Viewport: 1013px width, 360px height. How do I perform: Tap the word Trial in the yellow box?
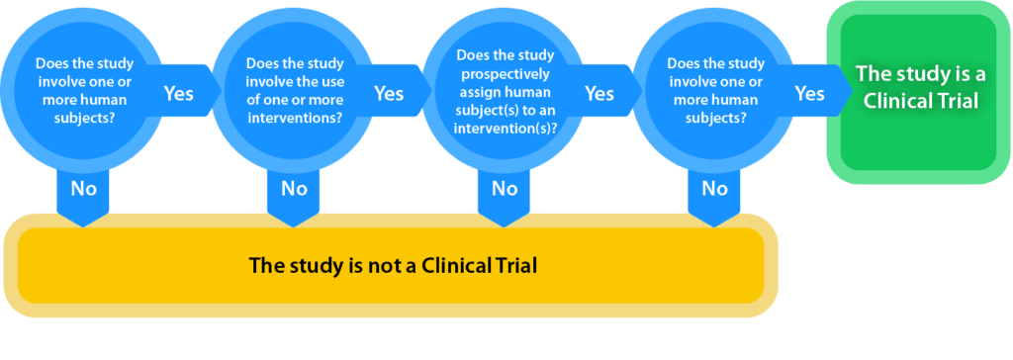(x=516, y=266)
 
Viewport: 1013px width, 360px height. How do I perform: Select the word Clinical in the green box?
(x=894, y=102)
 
